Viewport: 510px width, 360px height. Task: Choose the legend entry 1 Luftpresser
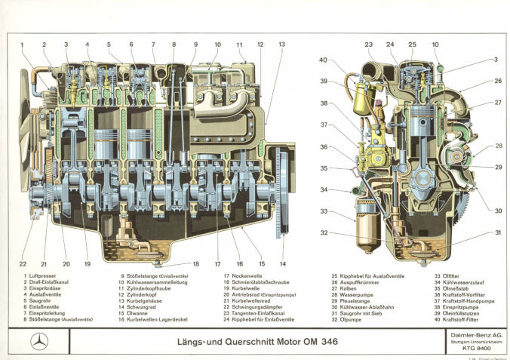coord(42,276)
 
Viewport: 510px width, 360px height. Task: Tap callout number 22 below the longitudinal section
coord(23,263)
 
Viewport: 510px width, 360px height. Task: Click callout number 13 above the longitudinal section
coord(281,45)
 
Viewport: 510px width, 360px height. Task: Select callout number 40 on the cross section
coord(322,60)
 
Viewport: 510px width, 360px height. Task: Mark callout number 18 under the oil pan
coord(196,263)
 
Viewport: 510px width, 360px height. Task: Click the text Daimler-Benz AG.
coord(467,333)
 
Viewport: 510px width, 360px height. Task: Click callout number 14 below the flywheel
coord(282,263)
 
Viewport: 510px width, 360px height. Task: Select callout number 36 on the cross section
coord(323,147)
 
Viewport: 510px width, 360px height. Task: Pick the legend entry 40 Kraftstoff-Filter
coord(459,320)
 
